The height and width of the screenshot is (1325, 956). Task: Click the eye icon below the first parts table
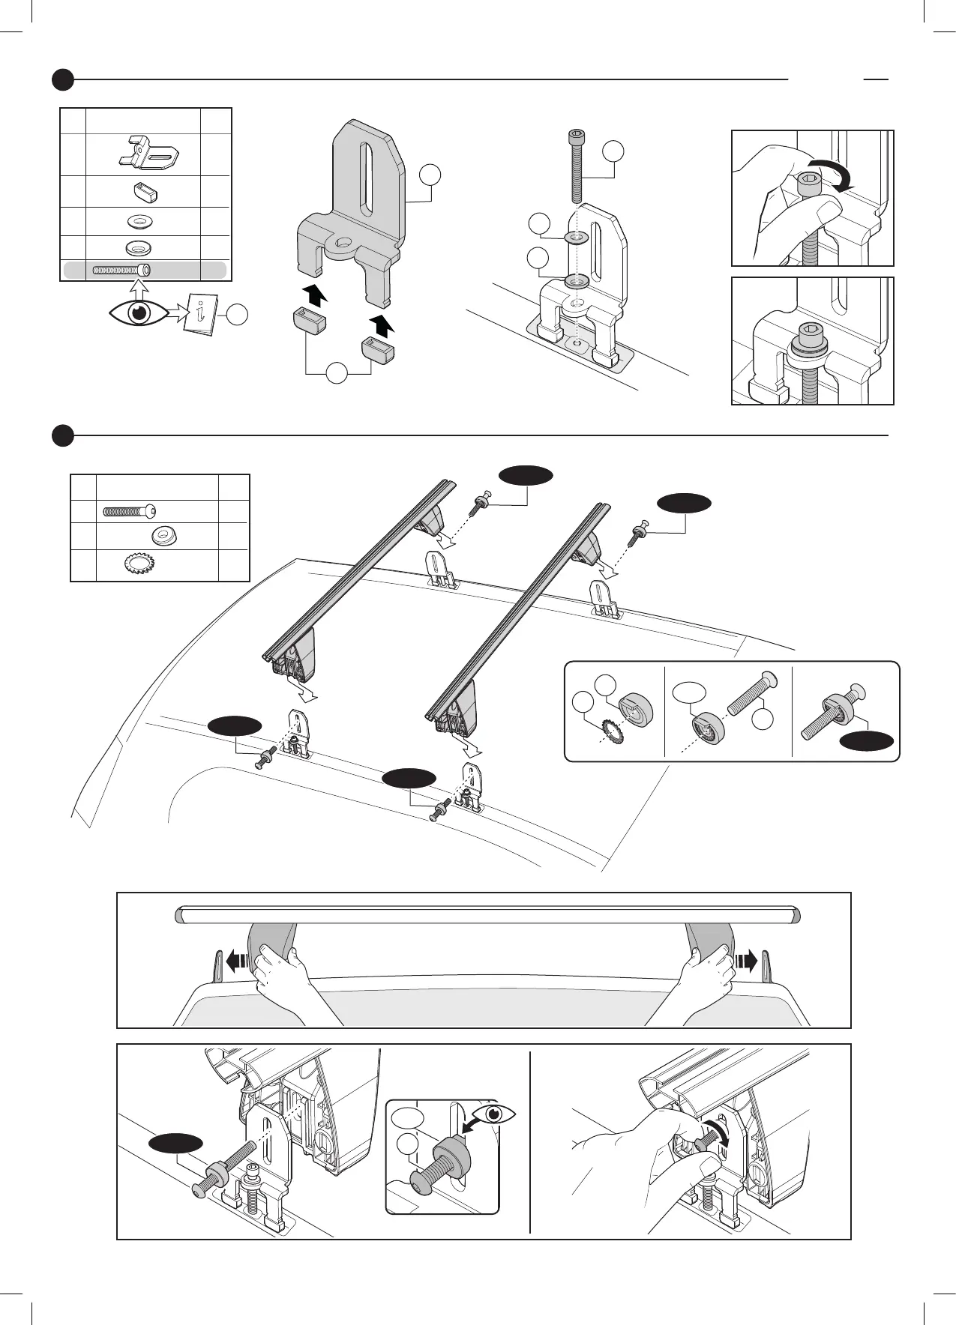139,313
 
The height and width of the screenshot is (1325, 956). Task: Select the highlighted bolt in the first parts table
121,270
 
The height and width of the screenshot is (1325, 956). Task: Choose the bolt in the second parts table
130,511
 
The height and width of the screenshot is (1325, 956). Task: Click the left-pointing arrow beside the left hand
236,960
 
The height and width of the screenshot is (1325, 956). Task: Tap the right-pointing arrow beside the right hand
746,960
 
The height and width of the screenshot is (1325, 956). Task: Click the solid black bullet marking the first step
64,79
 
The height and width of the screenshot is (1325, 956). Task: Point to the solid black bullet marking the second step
64,435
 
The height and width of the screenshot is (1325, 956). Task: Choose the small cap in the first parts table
145,193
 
